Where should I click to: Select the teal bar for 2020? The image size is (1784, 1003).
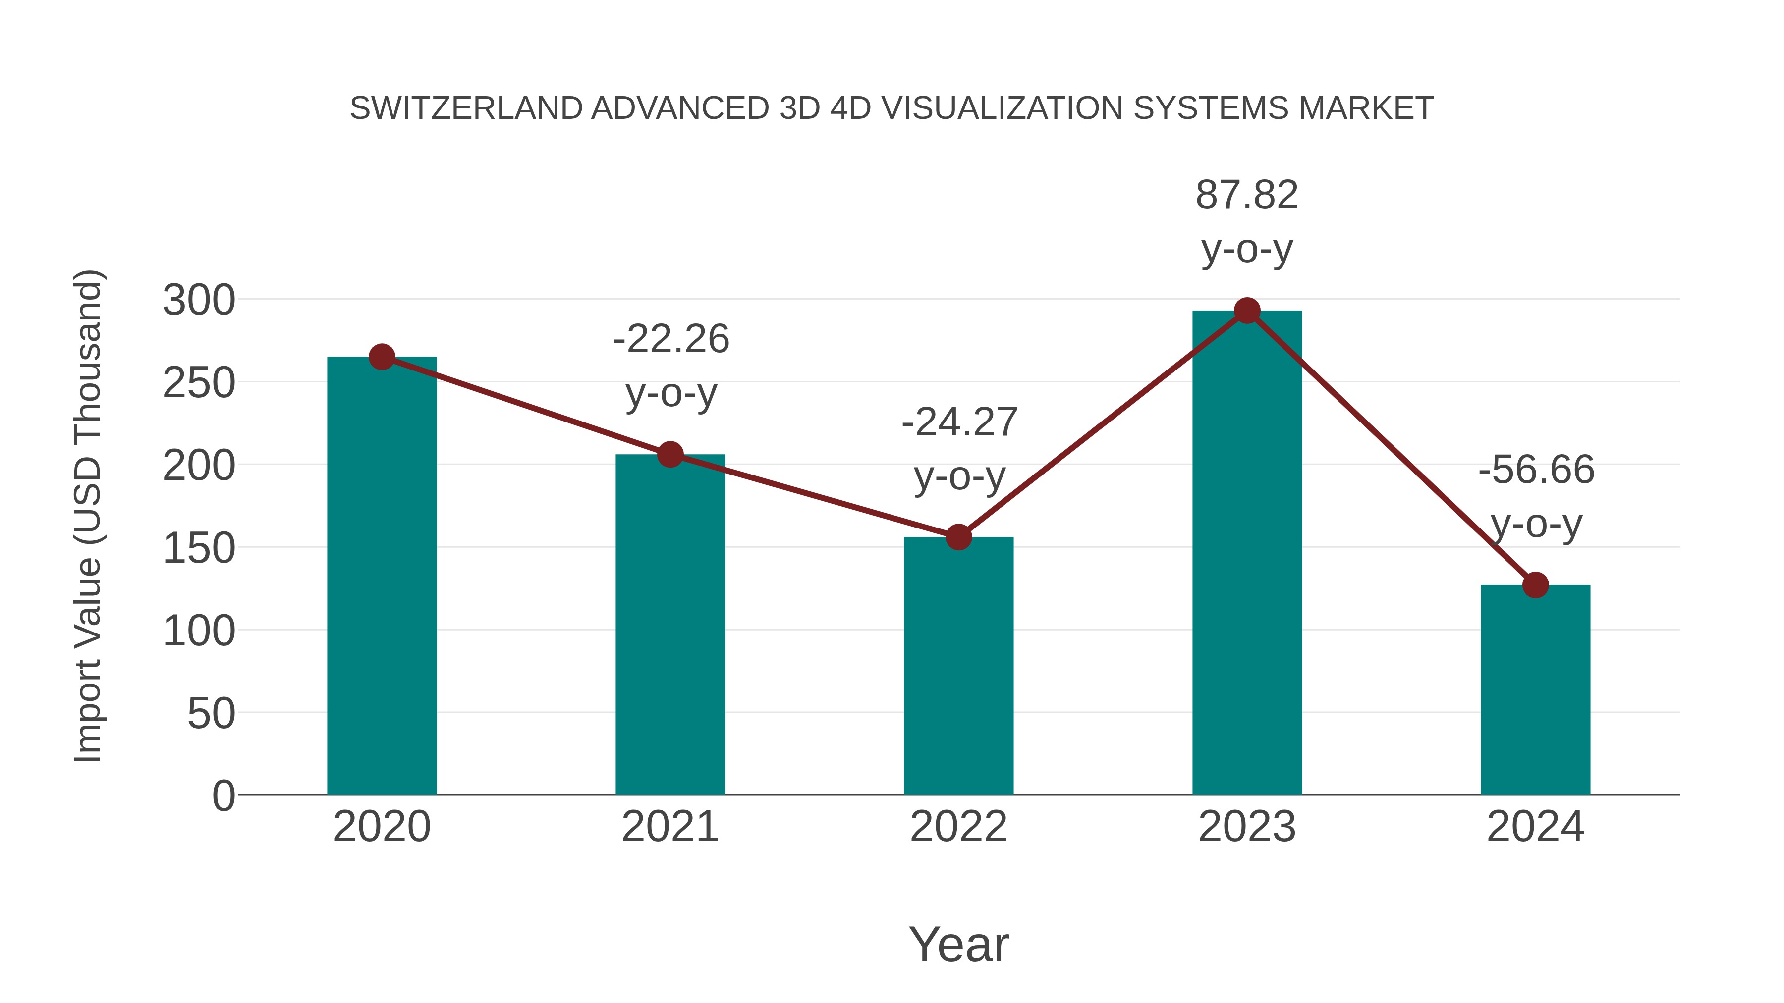382,588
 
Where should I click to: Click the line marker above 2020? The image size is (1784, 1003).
382,357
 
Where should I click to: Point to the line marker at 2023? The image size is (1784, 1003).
1247,311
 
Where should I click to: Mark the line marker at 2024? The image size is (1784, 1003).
1535,585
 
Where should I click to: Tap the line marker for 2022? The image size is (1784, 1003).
958,536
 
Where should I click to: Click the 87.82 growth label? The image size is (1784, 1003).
1247,195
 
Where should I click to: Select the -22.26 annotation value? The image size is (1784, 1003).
670,339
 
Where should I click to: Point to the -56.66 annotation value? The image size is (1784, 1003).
1536,470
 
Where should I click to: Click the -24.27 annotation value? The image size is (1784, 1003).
959,422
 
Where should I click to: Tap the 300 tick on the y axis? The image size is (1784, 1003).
199,301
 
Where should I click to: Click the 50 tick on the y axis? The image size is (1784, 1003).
211,714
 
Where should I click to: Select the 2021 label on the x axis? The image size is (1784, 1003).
669,827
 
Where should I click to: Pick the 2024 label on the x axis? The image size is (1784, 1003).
1535,827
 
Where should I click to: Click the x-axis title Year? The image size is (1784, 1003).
958,945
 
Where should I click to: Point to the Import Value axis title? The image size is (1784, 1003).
89,516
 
